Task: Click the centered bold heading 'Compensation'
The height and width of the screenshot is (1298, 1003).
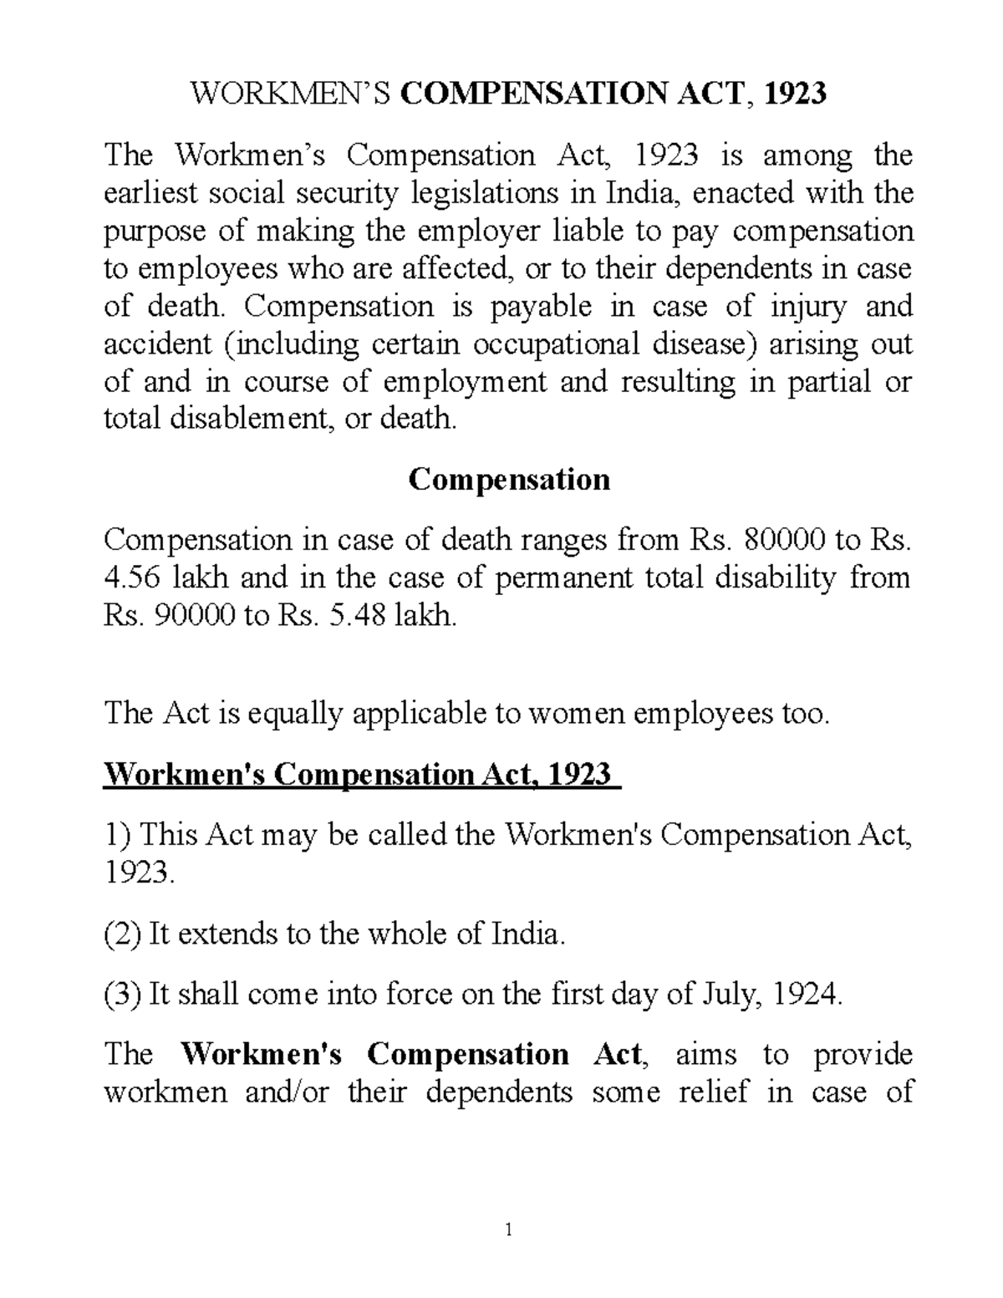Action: click(x=508, y=480)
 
